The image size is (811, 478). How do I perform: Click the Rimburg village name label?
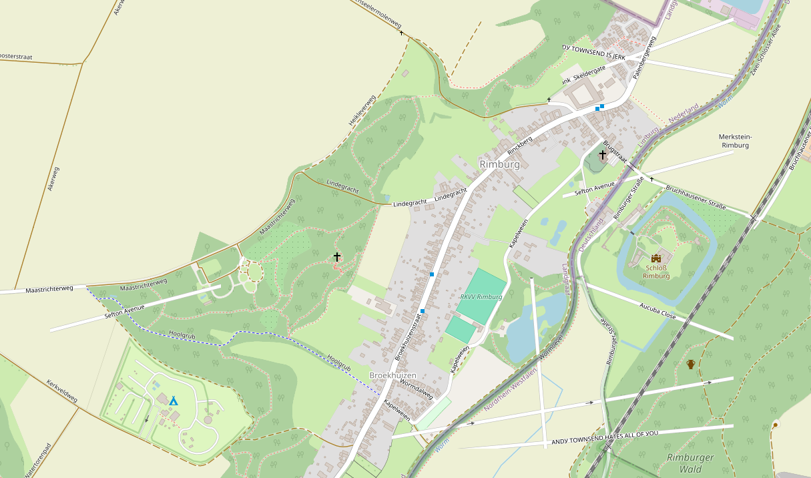pyautogui.click(x=499, y=164)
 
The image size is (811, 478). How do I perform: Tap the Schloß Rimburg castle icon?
pyautogui.click(x=655, y=258)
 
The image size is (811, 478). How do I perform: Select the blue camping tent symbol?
pyautogui.click(x=174, y=401)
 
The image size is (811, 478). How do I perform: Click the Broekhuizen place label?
pyautogui.click(x=392, y=375)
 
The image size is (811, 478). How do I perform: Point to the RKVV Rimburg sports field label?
pyautogui.click(x=481, y=296)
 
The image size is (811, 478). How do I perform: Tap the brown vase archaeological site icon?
pyautogui.click(x=691, y=364)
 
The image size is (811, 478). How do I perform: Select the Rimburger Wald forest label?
pyautogui.click(x=690, y=463)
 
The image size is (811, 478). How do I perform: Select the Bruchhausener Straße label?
pyautogui.click(x=695, y=198)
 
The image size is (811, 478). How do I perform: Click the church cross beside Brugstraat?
pyautogui.click(x=602, y=155)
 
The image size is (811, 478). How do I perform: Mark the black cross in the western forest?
pyautogui.click(x=336, y=256)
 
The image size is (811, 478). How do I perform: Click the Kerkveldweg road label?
pyautogui.click(x=62, y=392)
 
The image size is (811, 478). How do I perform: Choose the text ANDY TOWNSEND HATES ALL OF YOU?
pyautogui.click(x=604, y=438)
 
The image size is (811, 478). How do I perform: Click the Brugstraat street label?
pyautogui.click(x=615, y=152)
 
